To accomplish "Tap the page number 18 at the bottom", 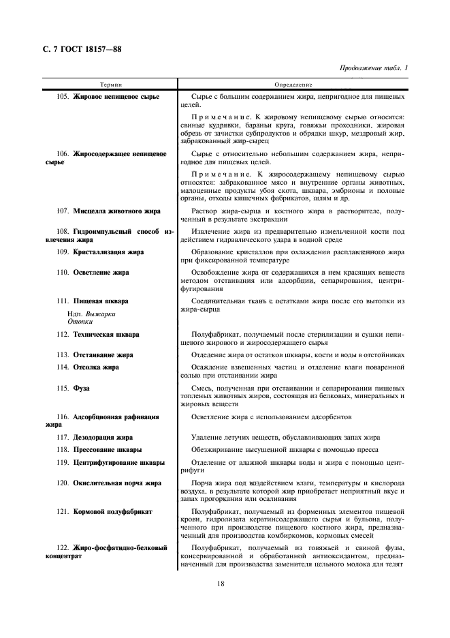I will [221, 583].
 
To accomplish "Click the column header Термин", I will [111, 85].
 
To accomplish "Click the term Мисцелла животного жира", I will [117, 211].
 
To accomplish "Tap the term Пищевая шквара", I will [101, 301].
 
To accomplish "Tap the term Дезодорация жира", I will [103, 437].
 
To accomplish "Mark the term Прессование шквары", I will [108, 450].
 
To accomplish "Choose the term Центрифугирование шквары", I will [119, 463].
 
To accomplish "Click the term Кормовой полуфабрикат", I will [113, 511].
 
